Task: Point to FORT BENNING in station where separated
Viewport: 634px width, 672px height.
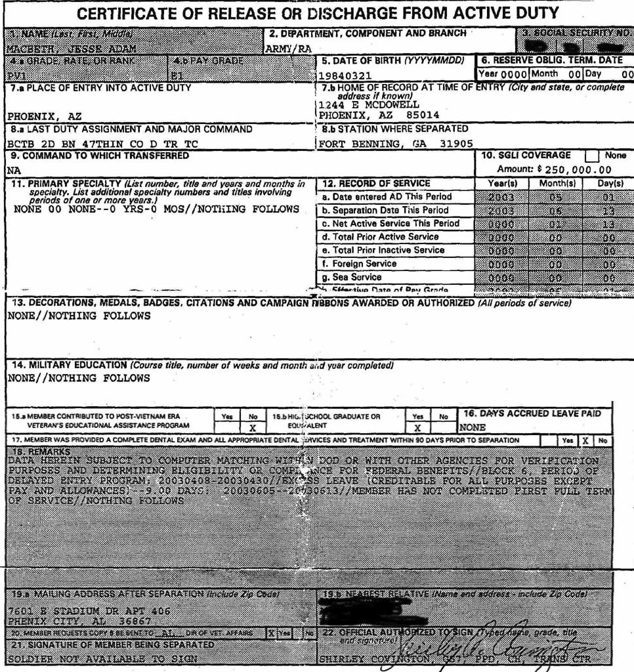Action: [x=360, y=144]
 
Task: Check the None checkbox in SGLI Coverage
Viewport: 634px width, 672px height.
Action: [x=592, y=156]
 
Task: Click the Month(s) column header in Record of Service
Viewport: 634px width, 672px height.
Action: [x=557, y=184]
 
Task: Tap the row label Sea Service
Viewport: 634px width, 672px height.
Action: [x=357, y=277]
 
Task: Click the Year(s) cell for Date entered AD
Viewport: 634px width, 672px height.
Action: [x=502, y=197]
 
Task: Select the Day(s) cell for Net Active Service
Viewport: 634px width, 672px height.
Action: [x=608, y=224]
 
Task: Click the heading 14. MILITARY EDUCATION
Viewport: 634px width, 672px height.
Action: [x=68, y=365]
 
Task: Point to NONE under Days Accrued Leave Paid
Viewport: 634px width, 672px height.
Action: [x=472, y=427]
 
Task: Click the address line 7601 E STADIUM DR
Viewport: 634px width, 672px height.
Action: [x=89, y=610]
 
